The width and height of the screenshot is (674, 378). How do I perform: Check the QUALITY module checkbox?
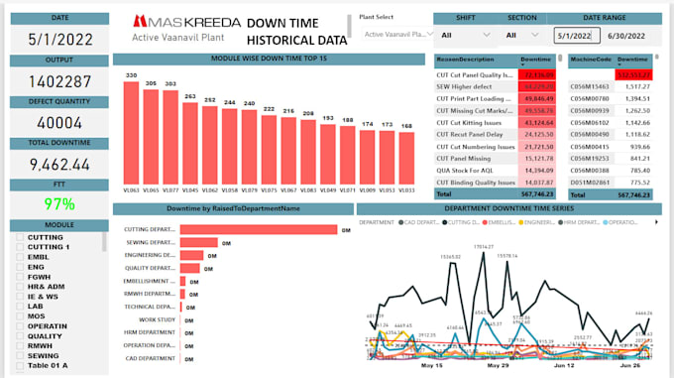pos(21,334)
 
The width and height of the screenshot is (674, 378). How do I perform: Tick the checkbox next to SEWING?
pos(21,354)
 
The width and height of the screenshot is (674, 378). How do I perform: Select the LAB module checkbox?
pos(21,305)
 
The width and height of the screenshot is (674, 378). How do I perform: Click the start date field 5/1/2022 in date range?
pos(574,35)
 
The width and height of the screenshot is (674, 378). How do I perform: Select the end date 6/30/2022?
pos(632,35)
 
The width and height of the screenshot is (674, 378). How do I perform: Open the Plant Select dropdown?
pos(393,35)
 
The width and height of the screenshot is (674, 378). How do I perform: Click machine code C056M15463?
pos(592,87)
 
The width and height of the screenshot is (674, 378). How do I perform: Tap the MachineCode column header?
pos(589,60)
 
